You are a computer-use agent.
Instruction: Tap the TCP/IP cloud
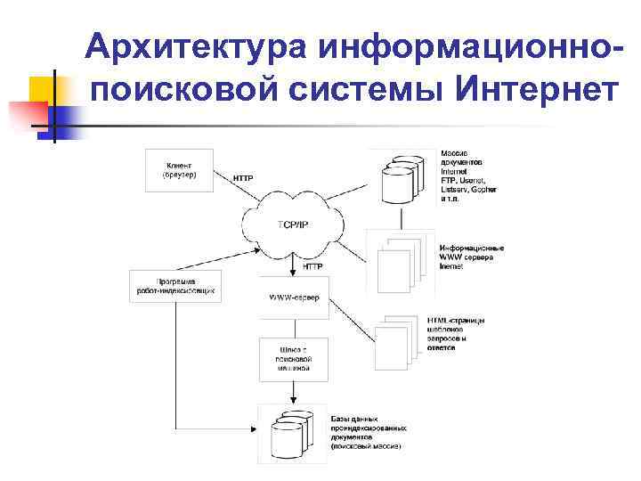293,224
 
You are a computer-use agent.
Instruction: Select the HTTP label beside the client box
243,178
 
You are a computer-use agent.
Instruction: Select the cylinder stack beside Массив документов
401,180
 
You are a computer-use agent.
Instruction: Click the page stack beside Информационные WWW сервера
400,258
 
